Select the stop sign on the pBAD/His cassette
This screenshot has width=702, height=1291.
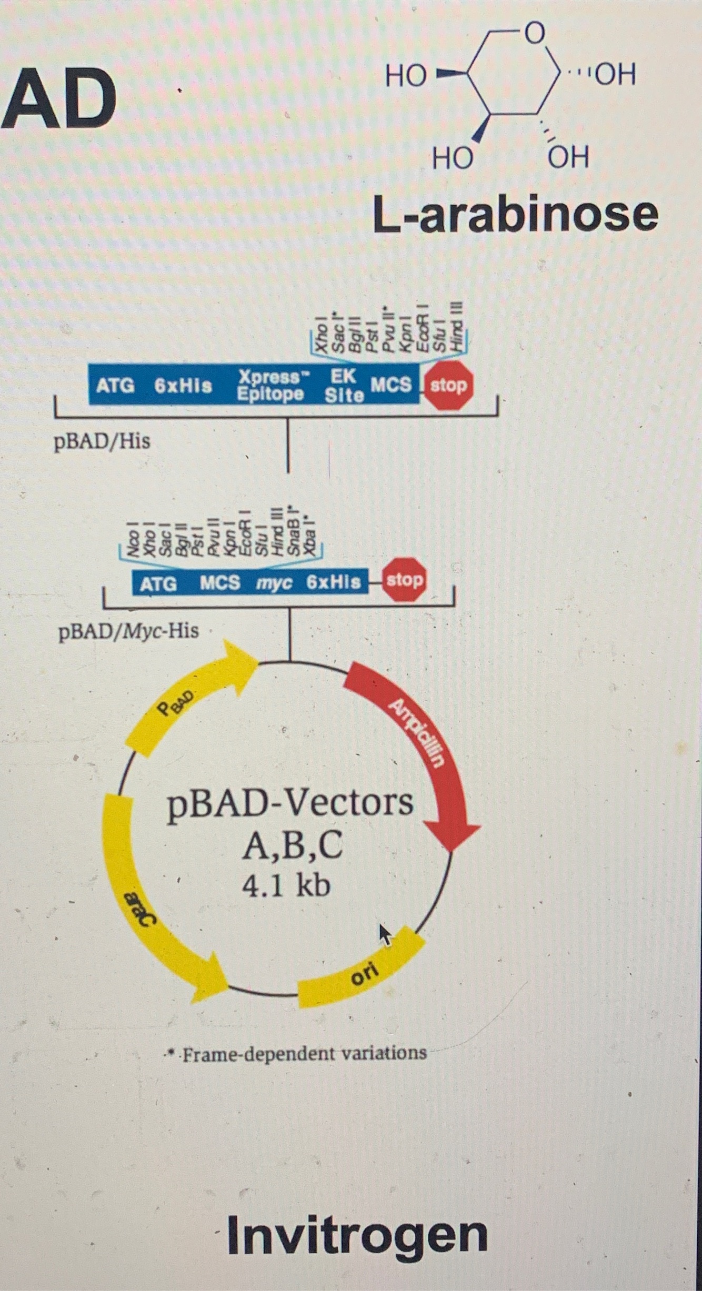pos(448,385)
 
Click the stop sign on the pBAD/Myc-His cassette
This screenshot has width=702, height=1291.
pos(404,580)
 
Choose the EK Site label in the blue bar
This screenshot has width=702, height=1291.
pos(344,385)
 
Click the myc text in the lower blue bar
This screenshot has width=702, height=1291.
pos(274,583)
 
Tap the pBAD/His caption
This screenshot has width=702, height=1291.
pos(102,441)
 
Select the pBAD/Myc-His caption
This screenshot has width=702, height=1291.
pos(128,630)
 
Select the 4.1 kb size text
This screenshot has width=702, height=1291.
pos(286,885)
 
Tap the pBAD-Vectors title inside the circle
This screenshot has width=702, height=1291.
pos(290,803)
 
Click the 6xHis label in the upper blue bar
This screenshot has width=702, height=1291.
pos(183,386)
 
